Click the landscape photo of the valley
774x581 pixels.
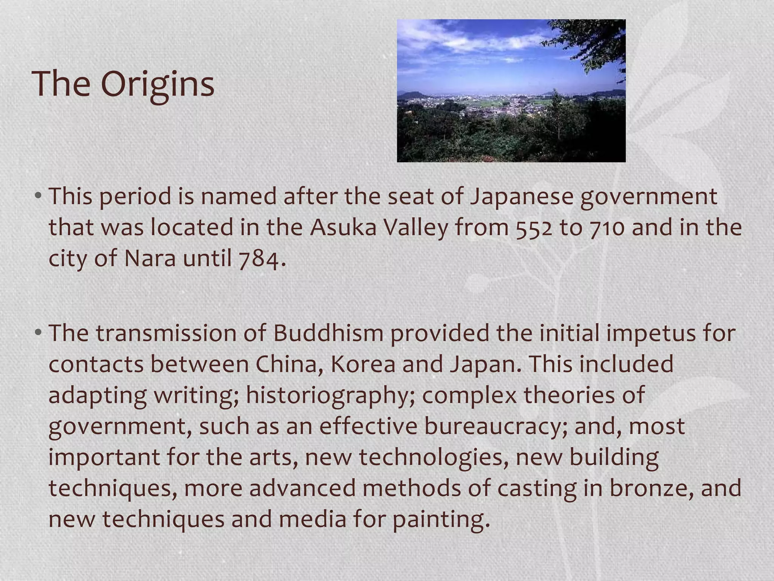click(511, 91)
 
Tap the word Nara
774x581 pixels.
click(150, 259)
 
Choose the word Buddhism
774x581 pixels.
click(328, 333)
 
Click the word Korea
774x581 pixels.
click(363, 364)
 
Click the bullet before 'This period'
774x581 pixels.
click(38, 197)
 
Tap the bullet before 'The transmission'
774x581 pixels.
click(38, 333)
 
